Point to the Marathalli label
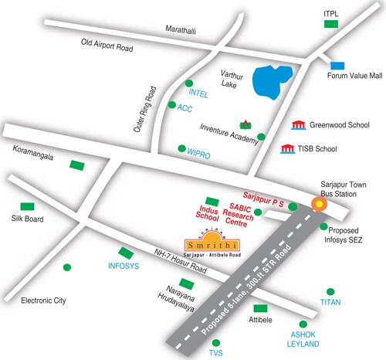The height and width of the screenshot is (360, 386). click(182, 29)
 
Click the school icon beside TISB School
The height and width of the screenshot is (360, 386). click(287, 148)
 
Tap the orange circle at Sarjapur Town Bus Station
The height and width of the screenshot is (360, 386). click(317, 204)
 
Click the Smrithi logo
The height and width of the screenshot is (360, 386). click(211, 242)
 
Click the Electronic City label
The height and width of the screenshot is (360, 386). click(46, 301)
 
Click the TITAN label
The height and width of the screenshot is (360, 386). click(330, 301)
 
